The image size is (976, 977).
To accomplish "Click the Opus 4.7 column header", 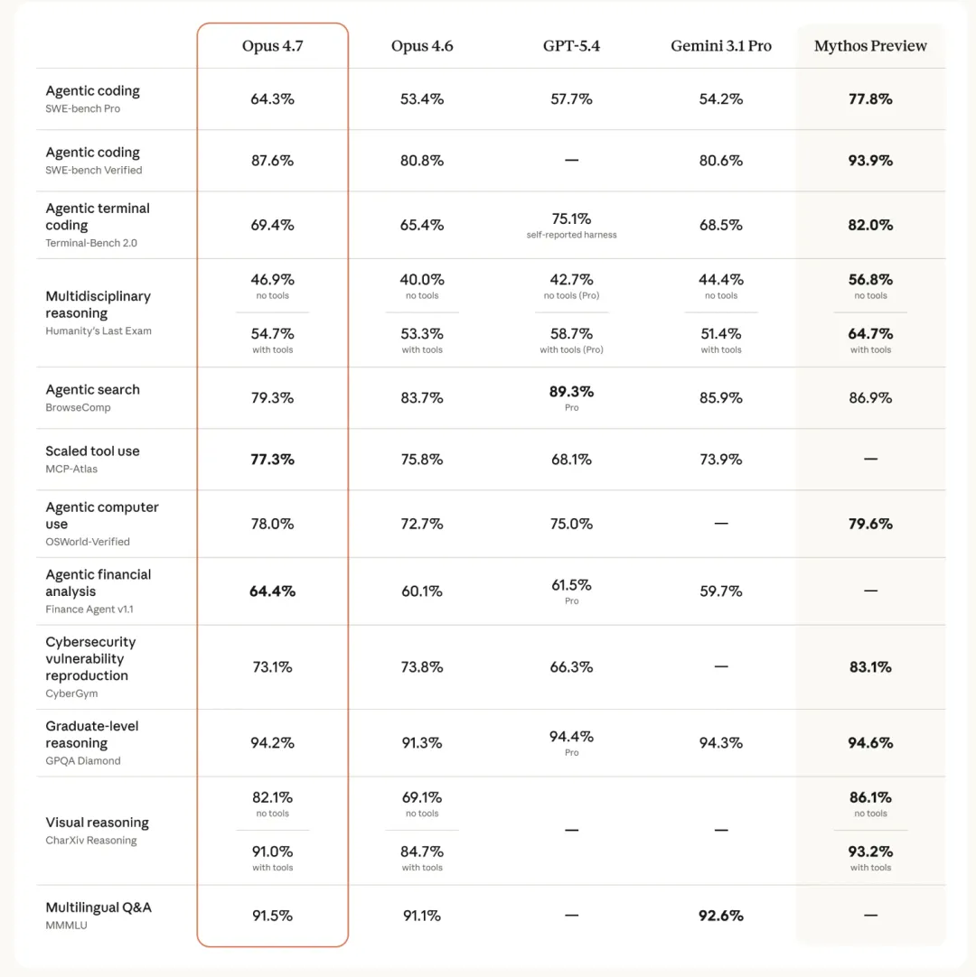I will tap(272, 46).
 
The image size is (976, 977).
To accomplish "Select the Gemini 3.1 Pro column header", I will tap(721, 46).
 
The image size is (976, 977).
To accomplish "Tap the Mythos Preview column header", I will tap(870, 46).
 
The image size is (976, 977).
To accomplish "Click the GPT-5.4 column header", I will tap(571, 46).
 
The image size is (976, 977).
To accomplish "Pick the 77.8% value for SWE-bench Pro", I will tap(870, 99).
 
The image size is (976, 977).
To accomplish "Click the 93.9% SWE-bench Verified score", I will tap(870, 161).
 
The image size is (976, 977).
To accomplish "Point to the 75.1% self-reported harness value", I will tap(571, 219).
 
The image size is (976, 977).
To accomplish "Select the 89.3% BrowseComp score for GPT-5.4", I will tap(571, 392).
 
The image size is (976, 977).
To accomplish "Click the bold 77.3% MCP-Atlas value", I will tap(272, 460).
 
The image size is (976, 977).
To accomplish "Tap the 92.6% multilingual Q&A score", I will tap(721, 916).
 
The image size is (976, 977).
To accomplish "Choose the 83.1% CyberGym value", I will tap(870, 667).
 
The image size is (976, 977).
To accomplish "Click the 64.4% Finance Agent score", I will tap(272, 591).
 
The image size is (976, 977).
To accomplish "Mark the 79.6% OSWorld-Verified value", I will tap(870, 524).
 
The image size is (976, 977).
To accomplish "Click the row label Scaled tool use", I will tap(92, 451).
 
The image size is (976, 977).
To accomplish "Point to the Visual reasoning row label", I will tap(97, 823).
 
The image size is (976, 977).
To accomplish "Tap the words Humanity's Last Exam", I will tap(99, 331).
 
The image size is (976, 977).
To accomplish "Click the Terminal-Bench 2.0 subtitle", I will tap(91, 243).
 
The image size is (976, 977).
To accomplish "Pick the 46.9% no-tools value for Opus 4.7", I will tap(272, 280).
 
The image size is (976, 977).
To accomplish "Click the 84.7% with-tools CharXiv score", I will tap(422, 851).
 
